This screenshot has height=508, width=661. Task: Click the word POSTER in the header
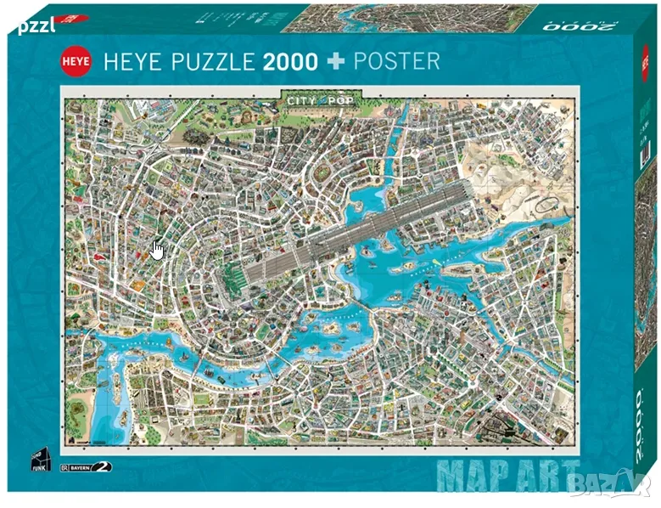(x=399, y=61)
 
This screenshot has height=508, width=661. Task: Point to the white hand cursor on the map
(x=157, y=250)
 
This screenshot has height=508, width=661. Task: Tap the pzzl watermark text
(x=35, y=25)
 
